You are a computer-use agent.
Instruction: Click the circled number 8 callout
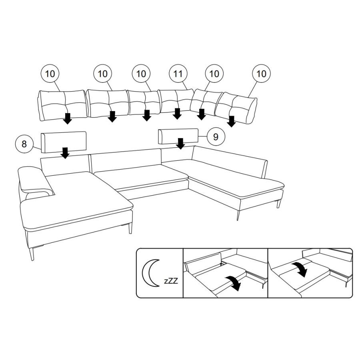click(x=24, y=144)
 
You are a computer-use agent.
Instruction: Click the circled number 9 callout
click(x=216, y=137)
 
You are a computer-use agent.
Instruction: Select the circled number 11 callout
click(x=178, y=74)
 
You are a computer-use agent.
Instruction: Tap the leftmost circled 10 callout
click(x=50, y=74)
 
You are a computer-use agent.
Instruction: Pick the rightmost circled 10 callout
click(x=261, y=74)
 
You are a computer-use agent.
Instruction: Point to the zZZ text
click(x=171, y=281)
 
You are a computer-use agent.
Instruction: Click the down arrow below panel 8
click(x=66, y=153)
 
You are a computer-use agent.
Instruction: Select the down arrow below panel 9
click(x=181, y=144)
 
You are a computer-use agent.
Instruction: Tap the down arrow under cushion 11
click(x=177, y=114)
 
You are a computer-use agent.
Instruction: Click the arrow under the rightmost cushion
click(x=232, y=122)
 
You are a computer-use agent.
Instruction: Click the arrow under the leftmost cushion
click(x=68, y=118)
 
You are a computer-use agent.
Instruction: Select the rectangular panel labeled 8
click(x=64, y=142)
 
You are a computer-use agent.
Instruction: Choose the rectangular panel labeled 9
click(x=178, y=136)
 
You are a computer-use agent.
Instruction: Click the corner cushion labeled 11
click(x=176, y=101)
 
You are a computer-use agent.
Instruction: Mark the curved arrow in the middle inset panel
click(x=234, y=283)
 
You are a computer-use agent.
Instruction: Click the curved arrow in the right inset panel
click(x=301, y=269)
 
